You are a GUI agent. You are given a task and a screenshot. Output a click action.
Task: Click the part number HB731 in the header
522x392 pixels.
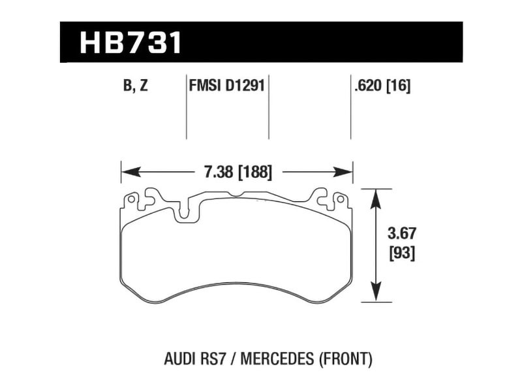coord(131,42)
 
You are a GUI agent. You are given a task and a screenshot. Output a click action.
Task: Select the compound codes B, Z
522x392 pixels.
coord(136,86)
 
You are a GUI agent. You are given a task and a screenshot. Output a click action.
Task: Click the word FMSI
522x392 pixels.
coord(205,86)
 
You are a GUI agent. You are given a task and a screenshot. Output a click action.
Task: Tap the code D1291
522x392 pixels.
coord(245,86)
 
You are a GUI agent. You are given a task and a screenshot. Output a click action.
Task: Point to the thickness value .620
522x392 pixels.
coord(368,86)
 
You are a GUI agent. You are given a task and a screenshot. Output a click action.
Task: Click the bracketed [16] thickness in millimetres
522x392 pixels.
coord(398,86)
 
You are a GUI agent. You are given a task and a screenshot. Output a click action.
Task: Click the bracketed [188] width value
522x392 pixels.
coord(254,172)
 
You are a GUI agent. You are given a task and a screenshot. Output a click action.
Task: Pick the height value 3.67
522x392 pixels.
coord(402,234)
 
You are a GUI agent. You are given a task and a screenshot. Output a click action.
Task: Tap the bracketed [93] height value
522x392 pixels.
coord(402,254)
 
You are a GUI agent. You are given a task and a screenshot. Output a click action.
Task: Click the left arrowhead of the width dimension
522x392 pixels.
coord(130,172)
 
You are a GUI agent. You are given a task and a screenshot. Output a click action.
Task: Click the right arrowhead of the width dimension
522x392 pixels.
coord(344,172)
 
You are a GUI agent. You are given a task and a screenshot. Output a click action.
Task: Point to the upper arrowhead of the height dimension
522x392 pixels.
coord(376,199)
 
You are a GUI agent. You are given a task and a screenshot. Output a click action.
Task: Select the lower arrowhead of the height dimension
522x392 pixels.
coord(376,292)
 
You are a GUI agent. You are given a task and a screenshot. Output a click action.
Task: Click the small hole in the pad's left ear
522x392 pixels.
coord(131,199)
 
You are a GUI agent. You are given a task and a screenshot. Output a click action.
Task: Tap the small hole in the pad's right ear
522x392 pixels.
coord(340,199)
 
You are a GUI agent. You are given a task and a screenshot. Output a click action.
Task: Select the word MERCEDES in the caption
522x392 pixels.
coord(277,359)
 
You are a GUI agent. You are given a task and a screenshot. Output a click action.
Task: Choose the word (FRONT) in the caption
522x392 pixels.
coord(345,359)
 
